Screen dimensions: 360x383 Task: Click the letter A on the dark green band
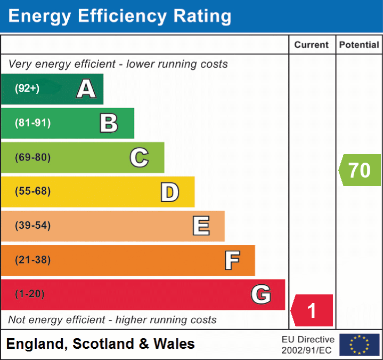[x=86, y=89]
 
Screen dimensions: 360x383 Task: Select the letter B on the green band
[x=109, y=123]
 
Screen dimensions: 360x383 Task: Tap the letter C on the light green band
[x=139, y=157]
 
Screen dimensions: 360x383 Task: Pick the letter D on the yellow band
[x=169, y=192]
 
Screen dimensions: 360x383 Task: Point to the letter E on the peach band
[x=200, y=226]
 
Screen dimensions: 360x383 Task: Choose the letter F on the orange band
[x=232, y=260]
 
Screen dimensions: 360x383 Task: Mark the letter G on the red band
[x=261, y=294]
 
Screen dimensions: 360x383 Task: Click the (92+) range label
[x=27, y=89]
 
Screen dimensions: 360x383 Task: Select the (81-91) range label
[x=33, y=123]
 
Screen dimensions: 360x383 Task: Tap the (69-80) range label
[x=33, y=157]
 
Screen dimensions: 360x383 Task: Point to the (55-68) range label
[x=33, y=191]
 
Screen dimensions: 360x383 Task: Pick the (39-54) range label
[x=33, y=226]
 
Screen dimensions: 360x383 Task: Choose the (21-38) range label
[x=33, y=260]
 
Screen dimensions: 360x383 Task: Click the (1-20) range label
[x=30, y=294]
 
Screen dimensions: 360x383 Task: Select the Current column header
[x=312, y=45]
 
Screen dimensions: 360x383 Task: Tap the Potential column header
[x=359, y=45]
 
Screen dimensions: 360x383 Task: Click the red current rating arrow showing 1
[x=312, y=310]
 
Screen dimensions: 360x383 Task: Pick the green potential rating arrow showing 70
[x=360, y=170]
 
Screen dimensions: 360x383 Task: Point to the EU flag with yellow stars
[x=360, y=345]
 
